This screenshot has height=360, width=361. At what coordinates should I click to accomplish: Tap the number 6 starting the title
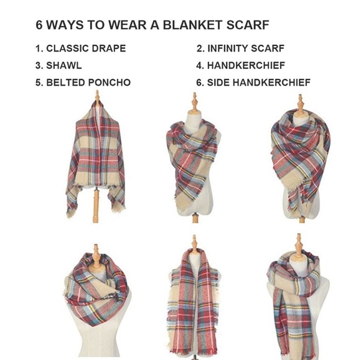pyautogui.click(x=39, y=25)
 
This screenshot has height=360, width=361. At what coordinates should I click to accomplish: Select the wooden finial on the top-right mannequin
pyautogui.click(x=301, y=100)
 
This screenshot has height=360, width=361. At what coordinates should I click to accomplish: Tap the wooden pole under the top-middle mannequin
pyautogui.click(x=195, y=218)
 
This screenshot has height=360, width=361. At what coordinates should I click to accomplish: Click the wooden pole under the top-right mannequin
pyautogui.click(x=301, y=218)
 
